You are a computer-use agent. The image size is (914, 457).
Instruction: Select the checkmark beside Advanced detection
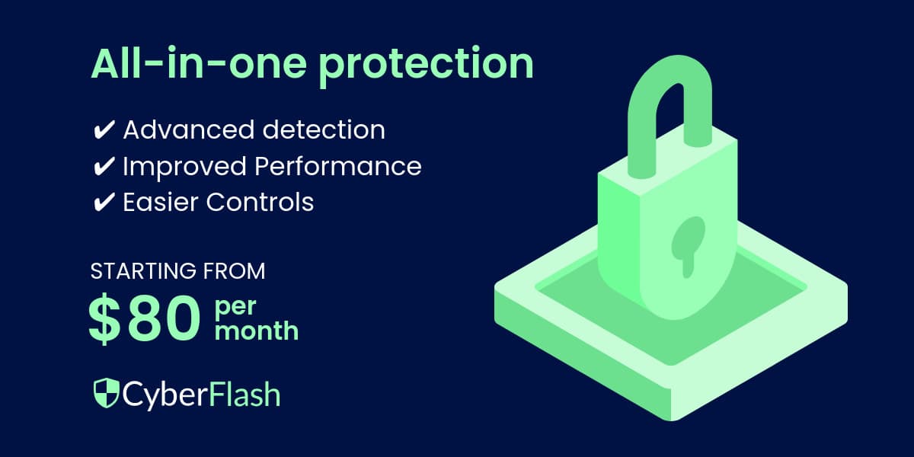(x=103, y=130)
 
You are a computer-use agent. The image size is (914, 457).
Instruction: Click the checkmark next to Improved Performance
(x=103, y=166)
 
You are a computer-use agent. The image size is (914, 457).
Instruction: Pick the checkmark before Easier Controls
(x=103, y=202)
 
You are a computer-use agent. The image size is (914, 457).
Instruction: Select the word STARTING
(x=138, y=270)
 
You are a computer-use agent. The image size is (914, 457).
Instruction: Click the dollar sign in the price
(x=104, y=321)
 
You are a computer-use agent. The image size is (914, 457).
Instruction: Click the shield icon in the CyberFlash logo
(x=105, y=394)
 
